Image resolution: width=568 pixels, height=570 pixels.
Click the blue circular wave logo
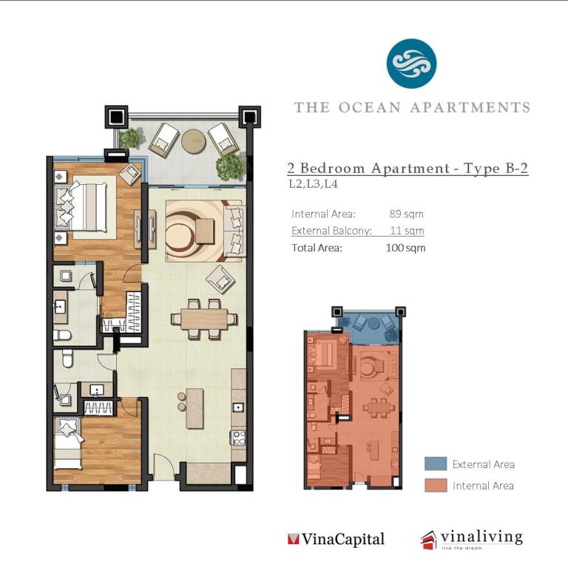pyautogui.click(x=411, y=64)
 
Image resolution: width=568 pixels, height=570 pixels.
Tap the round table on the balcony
pyautogui.click(x=194, y=141)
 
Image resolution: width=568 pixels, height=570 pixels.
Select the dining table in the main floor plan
pyautogui.click(x=204, y=319)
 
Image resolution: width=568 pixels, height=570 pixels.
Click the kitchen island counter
pyautogui.click(x=195, y=409)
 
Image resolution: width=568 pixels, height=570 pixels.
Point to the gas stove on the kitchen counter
pyautogui.click(x=239, y=437)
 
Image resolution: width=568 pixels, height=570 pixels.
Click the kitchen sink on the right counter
pyautogui.click(x=238, y=407)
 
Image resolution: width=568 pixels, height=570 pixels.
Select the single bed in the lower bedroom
pyautogui.click(x=68, y=444)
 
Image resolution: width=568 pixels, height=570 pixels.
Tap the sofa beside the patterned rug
pyautogui.click(x=234, y=231)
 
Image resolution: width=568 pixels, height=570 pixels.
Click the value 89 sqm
pyautogui.click(x=406, y=214)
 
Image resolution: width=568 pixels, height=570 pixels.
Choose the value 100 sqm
pyautogui.click(x=405, y=248)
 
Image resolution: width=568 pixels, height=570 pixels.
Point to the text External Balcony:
pyautogui.click(x=331, y=231)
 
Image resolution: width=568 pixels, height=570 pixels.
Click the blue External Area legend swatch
pyautogui.click(x=436, y=464)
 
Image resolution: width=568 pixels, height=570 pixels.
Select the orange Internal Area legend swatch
pyautogui.click(x=436, y=485)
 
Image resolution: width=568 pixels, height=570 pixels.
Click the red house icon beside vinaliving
pyautogui.click(x=429, y=540)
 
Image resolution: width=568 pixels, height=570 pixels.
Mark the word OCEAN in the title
pyautogui.click(x=370, y=108)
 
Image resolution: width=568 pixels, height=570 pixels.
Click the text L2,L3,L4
pyautogui.click(x=313, y=184)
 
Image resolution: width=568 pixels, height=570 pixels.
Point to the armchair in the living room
pyautogui.click(x=220, y=279)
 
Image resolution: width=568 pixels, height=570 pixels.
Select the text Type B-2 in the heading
pyautogui.click(x=496, y=168)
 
